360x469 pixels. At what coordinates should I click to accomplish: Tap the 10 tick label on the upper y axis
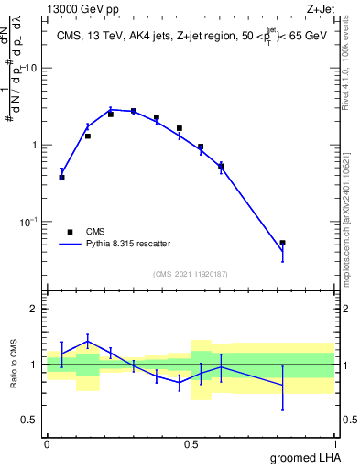(x=30, y=68)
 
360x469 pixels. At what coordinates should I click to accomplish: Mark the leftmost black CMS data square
(x=61, y=177)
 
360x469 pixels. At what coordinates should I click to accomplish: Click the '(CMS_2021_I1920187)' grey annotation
(x=190, y=273)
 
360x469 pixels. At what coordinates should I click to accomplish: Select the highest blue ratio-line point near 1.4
(x=88, y=341)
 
